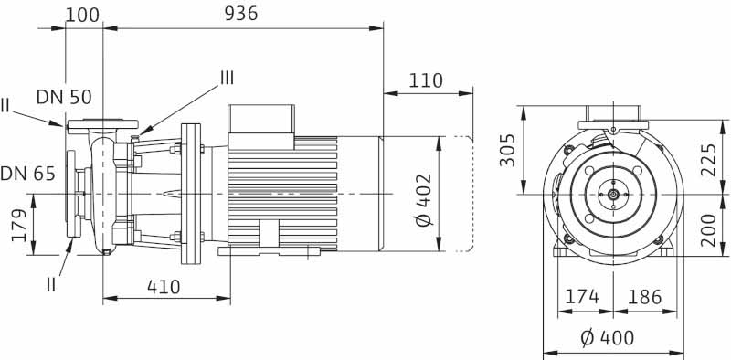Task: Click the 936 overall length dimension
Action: tap(241, 13)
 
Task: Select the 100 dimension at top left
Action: tap(83, 13)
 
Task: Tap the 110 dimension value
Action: tap(426, 80)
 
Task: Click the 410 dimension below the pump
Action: tap(164, 286)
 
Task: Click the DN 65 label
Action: tap(25, 172)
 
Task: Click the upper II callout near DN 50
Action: tap(6, 106)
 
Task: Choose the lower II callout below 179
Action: tap(54, 284)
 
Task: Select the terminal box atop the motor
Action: tap(260, 119)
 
